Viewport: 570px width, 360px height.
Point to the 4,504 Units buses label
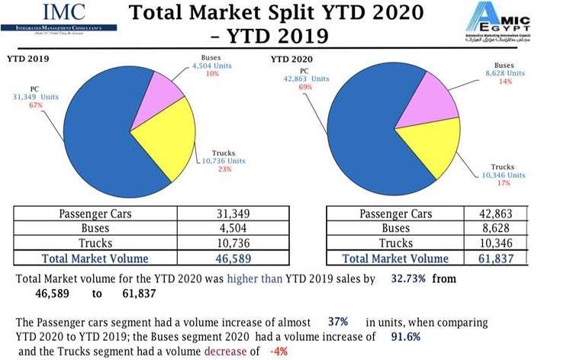(211, 66)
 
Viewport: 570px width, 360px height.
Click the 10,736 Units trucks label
(224, 162)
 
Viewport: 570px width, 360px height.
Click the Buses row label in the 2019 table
(95, 228)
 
